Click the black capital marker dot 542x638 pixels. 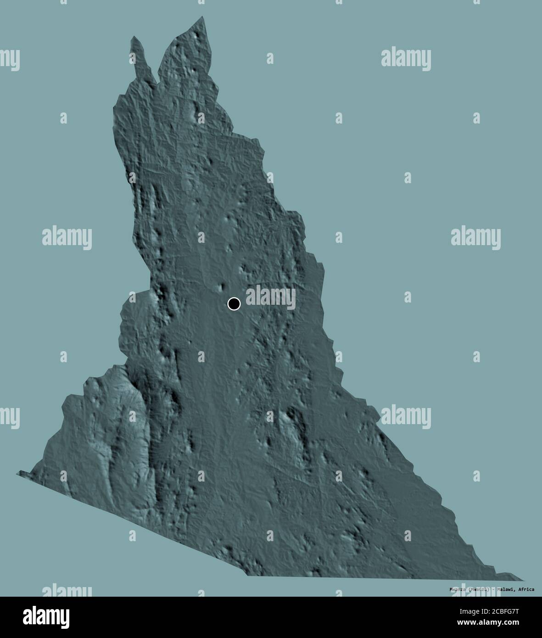pyautogui.click(x=234, y=303)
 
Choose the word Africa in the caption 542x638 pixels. pyautogui.click(x=525, y=589)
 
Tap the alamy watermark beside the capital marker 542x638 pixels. pyautogui.click(x=271, y=297)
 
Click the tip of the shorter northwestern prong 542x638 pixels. pyautogui.click(x=133, y=37)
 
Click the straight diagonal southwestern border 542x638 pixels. pyautogui.click(x=133, y=523)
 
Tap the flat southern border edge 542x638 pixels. pyautogui.click(x=367, y=576)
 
